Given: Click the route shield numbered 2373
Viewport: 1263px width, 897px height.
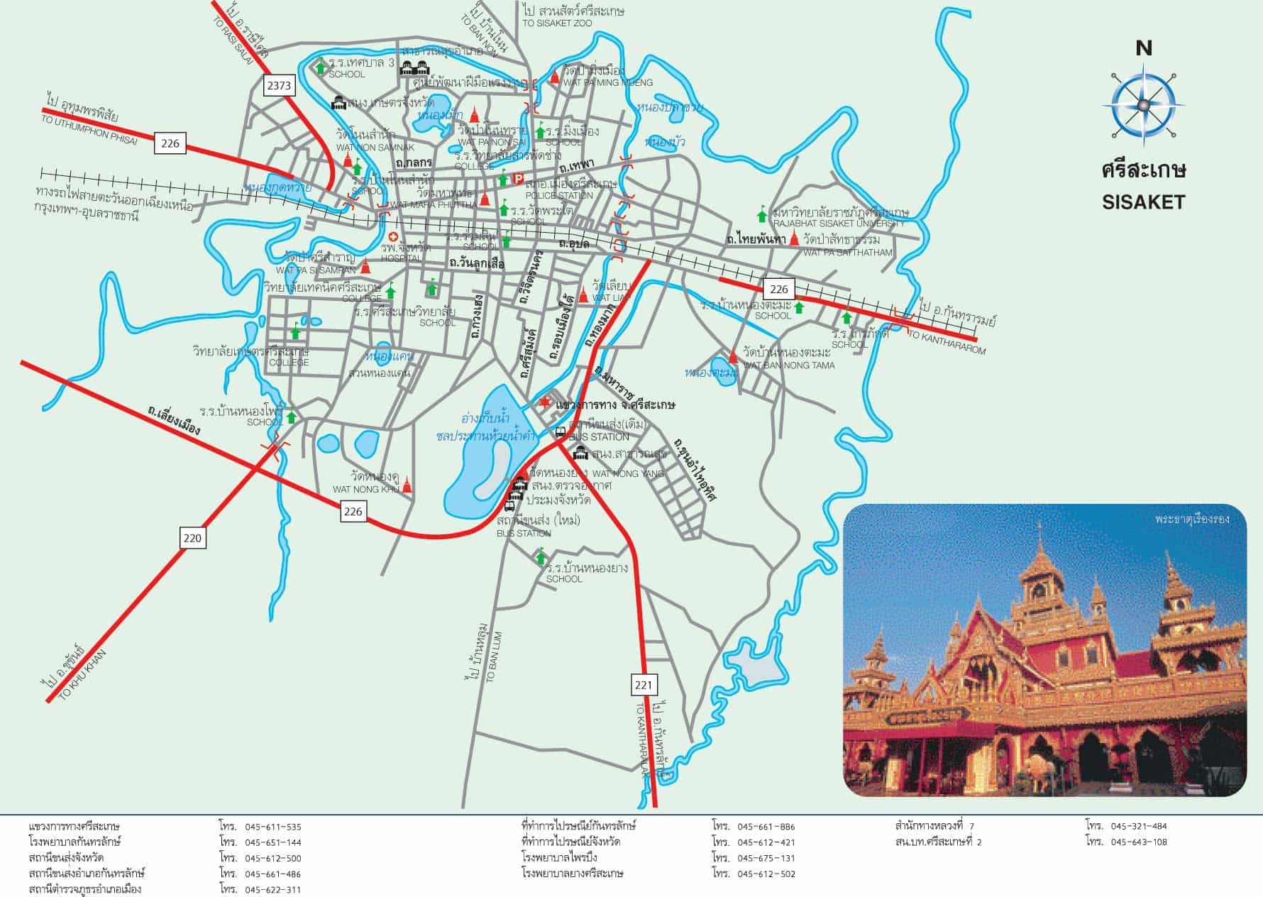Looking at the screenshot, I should coord(278,86).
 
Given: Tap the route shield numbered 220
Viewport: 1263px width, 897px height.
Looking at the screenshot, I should coord(192,538).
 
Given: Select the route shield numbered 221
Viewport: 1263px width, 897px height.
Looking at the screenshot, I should coord(644,685).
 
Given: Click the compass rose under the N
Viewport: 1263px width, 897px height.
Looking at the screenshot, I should coord(1142,105).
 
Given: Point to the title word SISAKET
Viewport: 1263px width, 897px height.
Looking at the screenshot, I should coord(1143,202).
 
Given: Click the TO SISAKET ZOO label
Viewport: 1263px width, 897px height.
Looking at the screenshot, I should coord(557,23).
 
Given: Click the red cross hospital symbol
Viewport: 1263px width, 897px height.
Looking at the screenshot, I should coord(393,236).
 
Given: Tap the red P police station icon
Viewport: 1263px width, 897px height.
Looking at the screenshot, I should coord(518,180).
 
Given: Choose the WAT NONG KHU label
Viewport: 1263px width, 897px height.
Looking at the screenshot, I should coord(367,489).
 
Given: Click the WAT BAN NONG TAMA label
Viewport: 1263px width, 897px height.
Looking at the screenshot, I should coord(788,365).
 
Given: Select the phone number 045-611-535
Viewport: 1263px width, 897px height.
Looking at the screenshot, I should coord(273,827).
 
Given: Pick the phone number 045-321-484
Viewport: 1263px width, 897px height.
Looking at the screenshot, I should coord(1139,826).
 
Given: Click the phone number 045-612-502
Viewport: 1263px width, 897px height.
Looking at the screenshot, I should coord(766,874).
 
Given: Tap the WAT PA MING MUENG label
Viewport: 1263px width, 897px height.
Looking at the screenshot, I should coord(607,83).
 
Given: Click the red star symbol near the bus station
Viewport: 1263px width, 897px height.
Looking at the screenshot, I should coord(545,403).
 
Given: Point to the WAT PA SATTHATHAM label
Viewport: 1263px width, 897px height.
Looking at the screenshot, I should coord(848,253).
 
